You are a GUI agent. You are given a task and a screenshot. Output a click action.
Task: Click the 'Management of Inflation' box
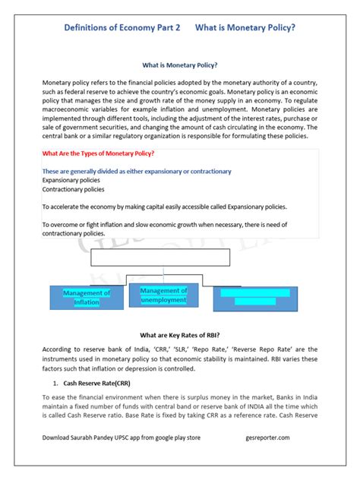pos(86,297)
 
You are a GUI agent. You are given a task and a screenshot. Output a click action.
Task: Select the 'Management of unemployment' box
pos(163,295)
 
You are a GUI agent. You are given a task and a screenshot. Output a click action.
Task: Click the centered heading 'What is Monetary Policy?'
pos(180,66)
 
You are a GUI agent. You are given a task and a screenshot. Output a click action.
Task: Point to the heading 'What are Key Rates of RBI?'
pos(180,334)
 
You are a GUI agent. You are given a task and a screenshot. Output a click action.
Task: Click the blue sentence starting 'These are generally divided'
pos(137,172)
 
